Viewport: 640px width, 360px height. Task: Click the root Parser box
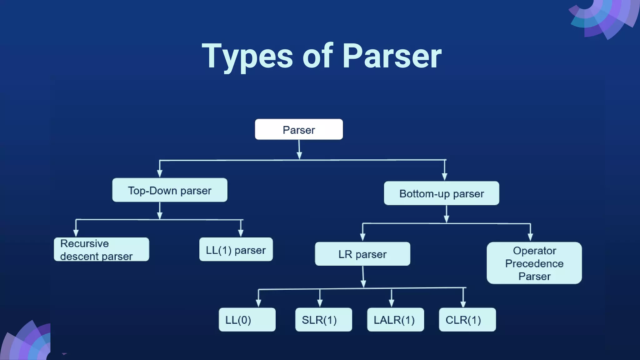[x=299, y=129]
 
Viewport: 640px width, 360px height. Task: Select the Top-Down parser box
[x=170, y=190]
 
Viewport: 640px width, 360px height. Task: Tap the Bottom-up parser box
[x=441, y=193]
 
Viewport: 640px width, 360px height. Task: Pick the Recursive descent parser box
[x=101, y=249]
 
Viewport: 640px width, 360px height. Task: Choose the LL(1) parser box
[x=236, y=249]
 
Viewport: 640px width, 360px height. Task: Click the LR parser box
[x=362, y=254]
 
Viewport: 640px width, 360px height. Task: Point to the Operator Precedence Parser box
[x=534, y=263]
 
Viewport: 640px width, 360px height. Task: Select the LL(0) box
[x=247, y=319]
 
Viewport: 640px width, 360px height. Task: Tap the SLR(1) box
[x=323, y=319]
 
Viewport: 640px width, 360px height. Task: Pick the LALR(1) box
[x=395, y=319]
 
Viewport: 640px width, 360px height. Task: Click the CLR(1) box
[x=467, y=319]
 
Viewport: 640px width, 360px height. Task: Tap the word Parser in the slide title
[x=392, y=56]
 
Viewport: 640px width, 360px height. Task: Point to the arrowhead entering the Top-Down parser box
[x=160, y=174]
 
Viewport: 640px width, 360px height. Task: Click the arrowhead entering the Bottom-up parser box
[x=445, y=177]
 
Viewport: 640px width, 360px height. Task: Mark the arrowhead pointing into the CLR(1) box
[x=463, y=304]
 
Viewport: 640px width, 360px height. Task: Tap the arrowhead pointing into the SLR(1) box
[x=320, y=303]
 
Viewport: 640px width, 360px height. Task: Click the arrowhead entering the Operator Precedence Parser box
[x=530, y=237]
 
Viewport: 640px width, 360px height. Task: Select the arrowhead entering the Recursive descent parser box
[x=76, y=233]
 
